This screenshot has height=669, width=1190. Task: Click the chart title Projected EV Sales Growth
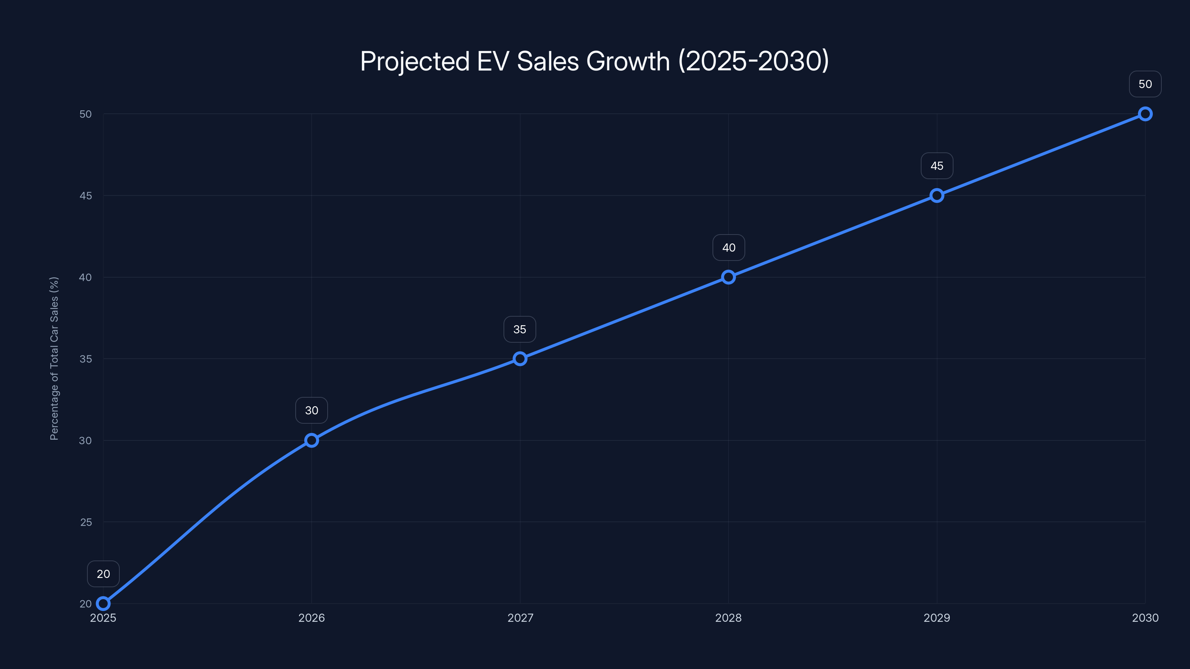coord(595,61)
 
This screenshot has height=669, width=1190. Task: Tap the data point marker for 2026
coord(311,440)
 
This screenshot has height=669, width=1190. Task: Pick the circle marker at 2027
coord(520,358)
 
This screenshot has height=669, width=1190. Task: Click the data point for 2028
coord(728,277)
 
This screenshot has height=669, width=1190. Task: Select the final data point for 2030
coord(1145,114)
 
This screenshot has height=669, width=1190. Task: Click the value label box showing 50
coord(1145,84)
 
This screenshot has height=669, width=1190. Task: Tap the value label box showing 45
coord(936,166)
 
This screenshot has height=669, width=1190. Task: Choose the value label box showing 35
coord(520,329)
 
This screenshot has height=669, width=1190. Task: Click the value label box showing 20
coord(103,573)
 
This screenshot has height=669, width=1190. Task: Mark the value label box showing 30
coord(311,410)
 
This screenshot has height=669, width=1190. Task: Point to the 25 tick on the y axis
coord(86,522)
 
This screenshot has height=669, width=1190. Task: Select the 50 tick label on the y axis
coord(86,114)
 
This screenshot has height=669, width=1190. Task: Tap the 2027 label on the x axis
coord(520,618)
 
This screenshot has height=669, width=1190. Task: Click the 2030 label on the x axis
coord(1145,618)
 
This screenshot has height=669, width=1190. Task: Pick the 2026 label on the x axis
coord(311,618)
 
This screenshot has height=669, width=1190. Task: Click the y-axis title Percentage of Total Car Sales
coord(54,358)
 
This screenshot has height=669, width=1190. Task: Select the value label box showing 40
coord(729,248)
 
